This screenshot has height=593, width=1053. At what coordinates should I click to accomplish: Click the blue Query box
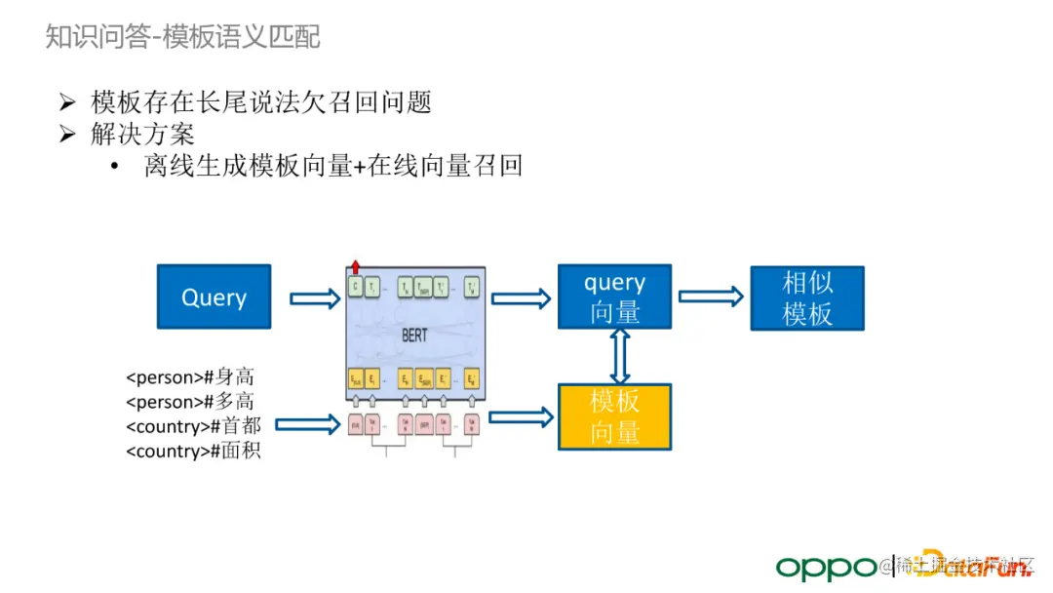click(x=214, y=296)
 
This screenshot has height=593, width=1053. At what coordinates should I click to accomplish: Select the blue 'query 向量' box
click(x=614, y=296)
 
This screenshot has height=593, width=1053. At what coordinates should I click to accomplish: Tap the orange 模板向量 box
click(x=614, y=416)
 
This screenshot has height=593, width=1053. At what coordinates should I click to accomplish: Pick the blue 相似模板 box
click(x=806, y=297)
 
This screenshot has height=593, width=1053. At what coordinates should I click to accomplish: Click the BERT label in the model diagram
click(x=415, y=335)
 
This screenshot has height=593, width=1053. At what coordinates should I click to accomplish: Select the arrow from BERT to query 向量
click(x=520, y=297)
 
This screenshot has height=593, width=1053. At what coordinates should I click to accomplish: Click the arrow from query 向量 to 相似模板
click(x=710, y=296)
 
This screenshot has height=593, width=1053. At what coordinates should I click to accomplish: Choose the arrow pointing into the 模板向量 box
click(x=520, y=416)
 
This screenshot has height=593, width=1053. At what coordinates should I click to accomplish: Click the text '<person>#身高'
click(x=194, y=376)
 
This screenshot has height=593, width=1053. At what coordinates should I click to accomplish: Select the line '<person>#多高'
click(x=194, y=401)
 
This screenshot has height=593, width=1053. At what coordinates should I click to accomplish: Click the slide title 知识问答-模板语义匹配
click(x=182, y=37)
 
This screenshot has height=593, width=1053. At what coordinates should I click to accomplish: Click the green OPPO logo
click(x=826, y=566)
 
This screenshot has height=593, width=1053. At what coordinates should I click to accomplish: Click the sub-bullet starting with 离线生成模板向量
click(x=332, y=166)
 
